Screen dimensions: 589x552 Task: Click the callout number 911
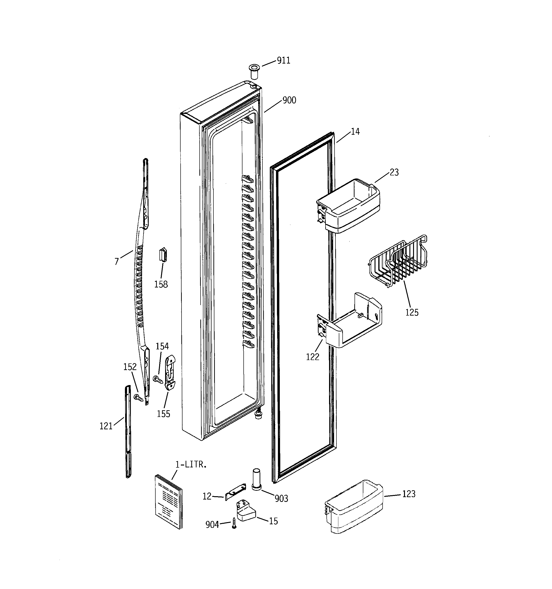[283, 60]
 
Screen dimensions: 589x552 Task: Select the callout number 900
[289, 100]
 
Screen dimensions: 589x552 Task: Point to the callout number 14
[355, 132]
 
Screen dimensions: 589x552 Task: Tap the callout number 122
[312, 357]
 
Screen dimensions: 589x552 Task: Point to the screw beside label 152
[138, 398]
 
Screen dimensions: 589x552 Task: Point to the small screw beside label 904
[234, 524]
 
